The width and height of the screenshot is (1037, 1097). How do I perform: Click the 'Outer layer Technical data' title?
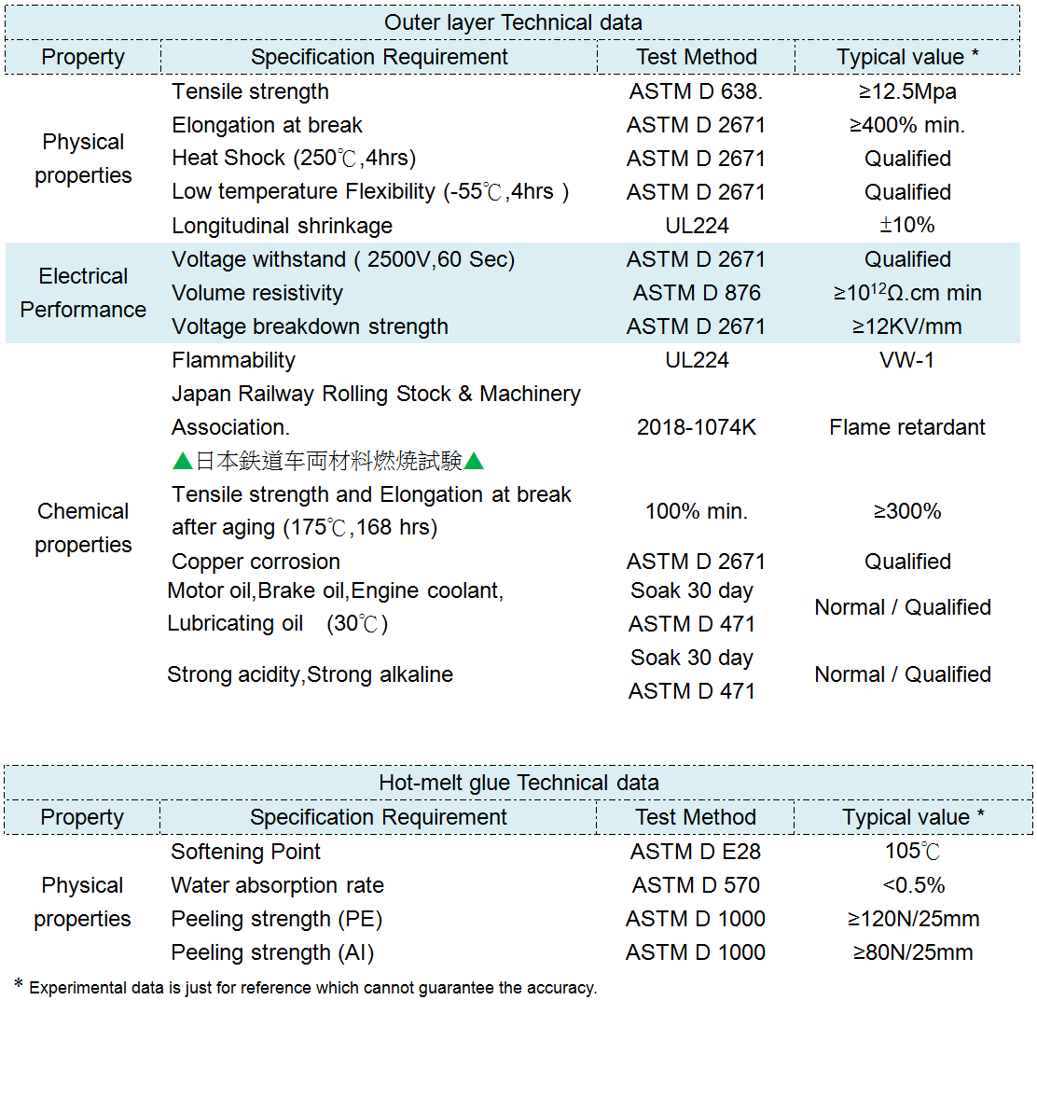pos(513,22)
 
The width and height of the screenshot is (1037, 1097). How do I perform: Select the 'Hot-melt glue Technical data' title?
pos(518,782)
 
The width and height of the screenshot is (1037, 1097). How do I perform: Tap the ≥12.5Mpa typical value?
pos(907,91)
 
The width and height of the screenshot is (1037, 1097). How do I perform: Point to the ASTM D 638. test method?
pos(696,91)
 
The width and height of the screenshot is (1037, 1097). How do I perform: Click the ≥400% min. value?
pos(907,125)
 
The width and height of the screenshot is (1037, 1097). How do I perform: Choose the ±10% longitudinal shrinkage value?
pos(907,226)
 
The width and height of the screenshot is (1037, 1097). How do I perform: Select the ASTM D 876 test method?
pos(697,293)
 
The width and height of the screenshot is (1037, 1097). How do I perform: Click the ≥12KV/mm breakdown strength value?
pos(907,326)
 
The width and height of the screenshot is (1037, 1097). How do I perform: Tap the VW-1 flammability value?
pos(907,360)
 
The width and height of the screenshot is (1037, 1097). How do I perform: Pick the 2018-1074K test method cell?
pos(697,427)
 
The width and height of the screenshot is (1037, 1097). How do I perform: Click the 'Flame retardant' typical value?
pos(907,427)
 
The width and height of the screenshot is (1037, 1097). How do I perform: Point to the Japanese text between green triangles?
pos(328,461)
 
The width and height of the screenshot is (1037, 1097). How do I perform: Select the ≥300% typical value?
pos(907,511)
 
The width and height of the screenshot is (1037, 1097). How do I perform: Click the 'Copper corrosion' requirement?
pos(256,562)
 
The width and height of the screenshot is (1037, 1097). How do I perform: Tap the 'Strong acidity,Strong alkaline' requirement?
pos(310,674)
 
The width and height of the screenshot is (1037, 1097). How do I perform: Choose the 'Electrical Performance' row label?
pos(83,293)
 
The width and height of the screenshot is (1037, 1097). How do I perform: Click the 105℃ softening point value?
pos(913,851)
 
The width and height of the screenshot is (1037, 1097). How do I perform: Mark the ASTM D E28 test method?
pos(695,852)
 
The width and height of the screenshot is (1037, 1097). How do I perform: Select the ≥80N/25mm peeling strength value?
pos(913,952)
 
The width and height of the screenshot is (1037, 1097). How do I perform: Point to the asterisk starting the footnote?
pos(18,985)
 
